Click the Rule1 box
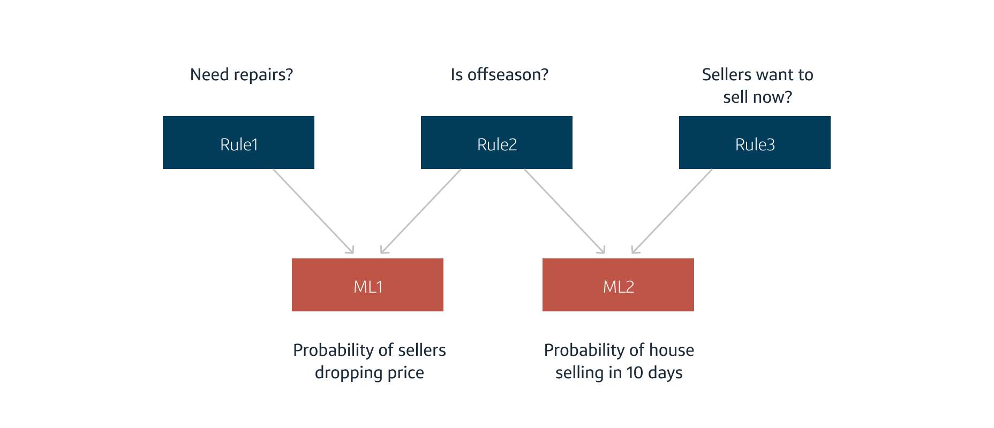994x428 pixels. (x=238, y=143)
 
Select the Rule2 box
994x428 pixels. (x=496, y=143)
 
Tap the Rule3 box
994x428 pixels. (x=755, y=143)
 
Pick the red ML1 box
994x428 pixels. (x=367, y=285)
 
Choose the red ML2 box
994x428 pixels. (x=618, y=285)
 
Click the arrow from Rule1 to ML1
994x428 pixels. (x=313, y=211)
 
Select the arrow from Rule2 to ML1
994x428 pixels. (x=421, y=211)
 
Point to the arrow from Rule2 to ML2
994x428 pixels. (x=564, y=211)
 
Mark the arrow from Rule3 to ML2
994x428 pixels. (x=672, y=211)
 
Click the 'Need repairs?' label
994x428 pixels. (x=242, y=75)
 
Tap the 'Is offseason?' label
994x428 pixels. (x=500, y=75)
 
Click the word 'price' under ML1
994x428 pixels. (x=405, y=373)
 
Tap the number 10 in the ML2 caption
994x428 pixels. (x=635, y=373)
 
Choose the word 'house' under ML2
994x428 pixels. (x=672, y=350)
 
